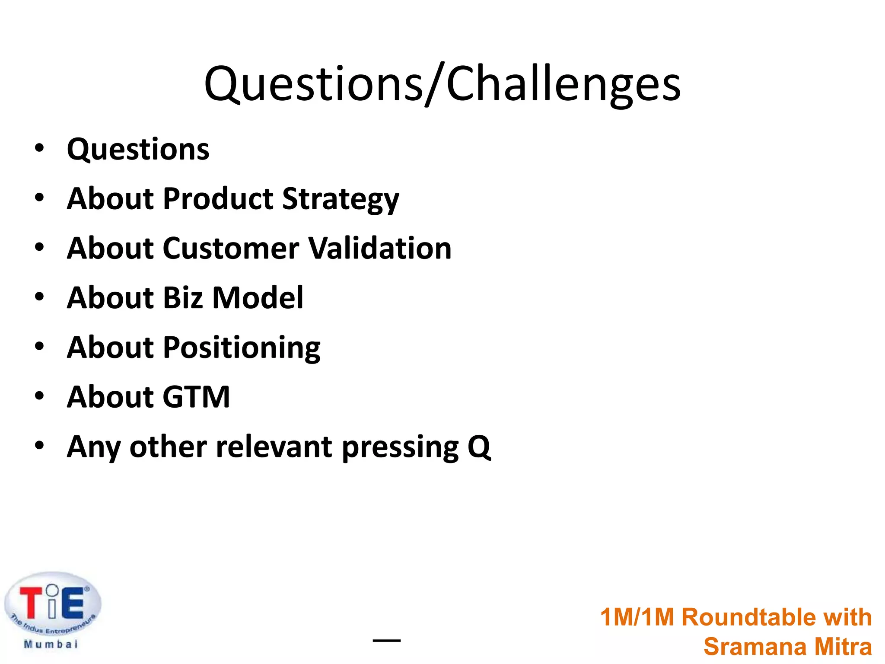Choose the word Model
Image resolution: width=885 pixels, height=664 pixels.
point(258,298)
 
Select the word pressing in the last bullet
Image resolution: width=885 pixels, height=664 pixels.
point(400,447)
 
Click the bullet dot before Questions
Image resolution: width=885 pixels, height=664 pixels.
point(39,148)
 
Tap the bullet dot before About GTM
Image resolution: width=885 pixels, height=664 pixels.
point(39,396)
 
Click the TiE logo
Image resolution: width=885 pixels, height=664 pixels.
point(52,603)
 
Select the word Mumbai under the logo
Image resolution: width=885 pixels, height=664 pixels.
point(51,645)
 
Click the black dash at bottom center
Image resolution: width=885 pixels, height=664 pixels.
point(386,640)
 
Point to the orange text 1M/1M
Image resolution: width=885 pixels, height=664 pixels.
point(637,617)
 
